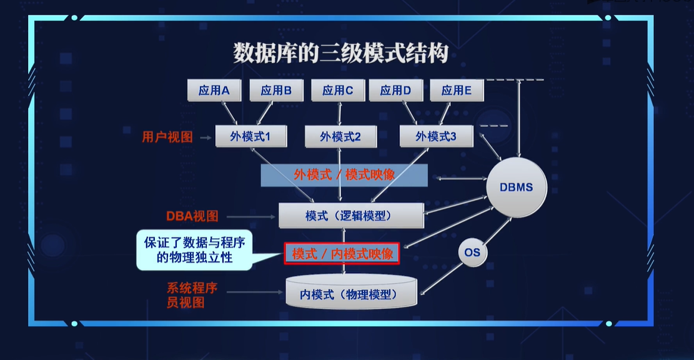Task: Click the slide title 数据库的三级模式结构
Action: (341, 53)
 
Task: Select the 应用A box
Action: (214, 91)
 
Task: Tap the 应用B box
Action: (276, 91)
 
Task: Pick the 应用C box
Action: (338, 91)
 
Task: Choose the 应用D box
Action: (396, 91)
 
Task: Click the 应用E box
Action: (456, 91)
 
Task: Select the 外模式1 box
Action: (251, 136)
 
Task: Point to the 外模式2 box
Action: (340, 136)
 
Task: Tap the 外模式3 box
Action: (436, 136)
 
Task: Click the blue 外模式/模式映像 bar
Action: (344, 175)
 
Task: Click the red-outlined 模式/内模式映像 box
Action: (342, 254)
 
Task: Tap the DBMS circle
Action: (516, 187)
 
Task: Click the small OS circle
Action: (472, 252)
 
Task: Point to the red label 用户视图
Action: (167, 137)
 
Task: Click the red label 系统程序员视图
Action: (192, 295)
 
